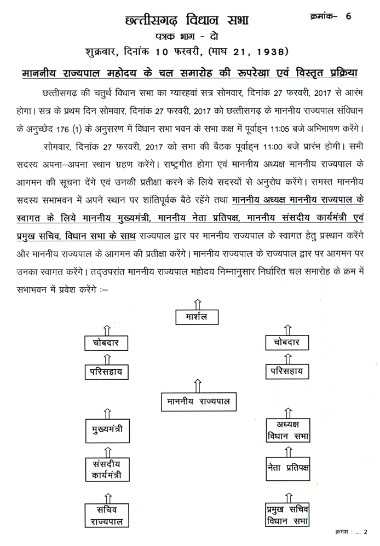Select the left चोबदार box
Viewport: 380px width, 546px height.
[x=107, y=343]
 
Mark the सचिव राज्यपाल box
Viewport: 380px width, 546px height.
[x=107, y=514]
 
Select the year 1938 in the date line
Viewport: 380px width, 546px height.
[x=270, y=53]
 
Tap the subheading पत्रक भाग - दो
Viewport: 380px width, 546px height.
[x=189, y=37]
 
